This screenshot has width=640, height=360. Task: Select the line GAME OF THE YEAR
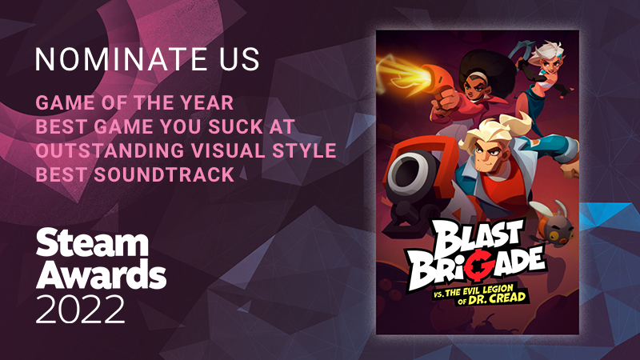[134, 102]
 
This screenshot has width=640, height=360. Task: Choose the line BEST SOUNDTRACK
[134, 174]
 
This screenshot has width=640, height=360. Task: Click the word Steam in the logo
[92, 244]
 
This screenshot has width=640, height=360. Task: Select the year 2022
[80, 309]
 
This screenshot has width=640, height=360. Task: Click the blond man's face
[490, 148]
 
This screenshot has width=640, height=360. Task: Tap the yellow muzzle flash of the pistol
[405, 74]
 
